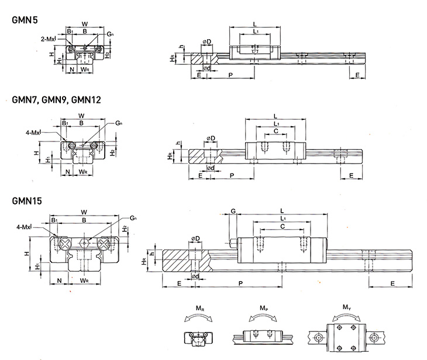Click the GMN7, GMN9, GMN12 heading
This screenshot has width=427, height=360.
coord(56,99)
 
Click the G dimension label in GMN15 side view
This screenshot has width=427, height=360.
coord(233,210)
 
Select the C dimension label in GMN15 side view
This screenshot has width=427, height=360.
coord(283,226)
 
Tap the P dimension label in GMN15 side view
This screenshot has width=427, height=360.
coord(241,283)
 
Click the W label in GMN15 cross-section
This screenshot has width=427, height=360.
coord(85,212)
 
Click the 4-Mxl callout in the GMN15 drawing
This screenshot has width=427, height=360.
coord(25,227)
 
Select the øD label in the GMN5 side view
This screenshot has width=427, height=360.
coord(206,40)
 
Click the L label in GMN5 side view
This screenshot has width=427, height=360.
coord(255,22)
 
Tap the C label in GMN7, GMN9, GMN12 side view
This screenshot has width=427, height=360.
coord(276,131)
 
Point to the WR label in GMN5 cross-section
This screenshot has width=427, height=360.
coord(85,70)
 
